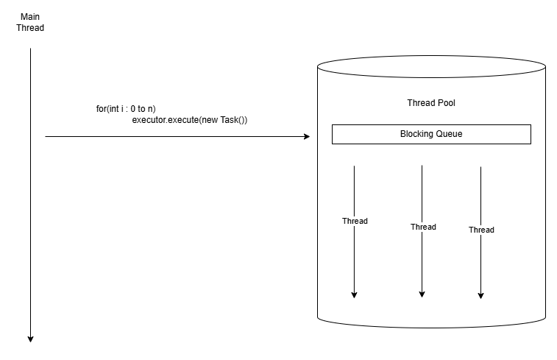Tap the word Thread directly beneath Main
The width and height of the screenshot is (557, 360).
(31, 28)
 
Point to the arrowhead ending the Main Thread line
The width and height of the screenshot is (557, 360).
(31, 339)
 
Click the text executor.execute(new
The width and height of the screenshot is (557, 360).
(175, 120)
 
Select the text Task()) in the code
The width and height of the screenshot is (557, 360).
(234, 120)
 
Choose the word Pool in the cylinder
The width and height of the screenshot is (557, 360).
(445, 103)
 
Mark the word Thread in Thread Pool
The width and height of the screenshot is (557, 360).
(420, 103)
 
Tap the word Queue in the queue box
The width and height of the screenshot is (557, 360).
(449, 134)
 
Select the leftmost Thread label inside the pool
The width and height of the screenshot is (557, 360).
(355, 221)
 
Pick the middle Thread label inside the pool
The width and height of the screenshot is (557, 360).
(423, 227)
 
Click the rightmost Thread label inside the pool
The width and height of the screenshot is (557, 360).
(481, 230)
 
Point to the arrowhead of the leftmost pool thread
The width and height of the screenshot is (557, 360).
(355, 294)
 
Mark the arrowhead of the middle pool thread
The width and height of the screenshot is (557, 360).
(422, 294)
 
